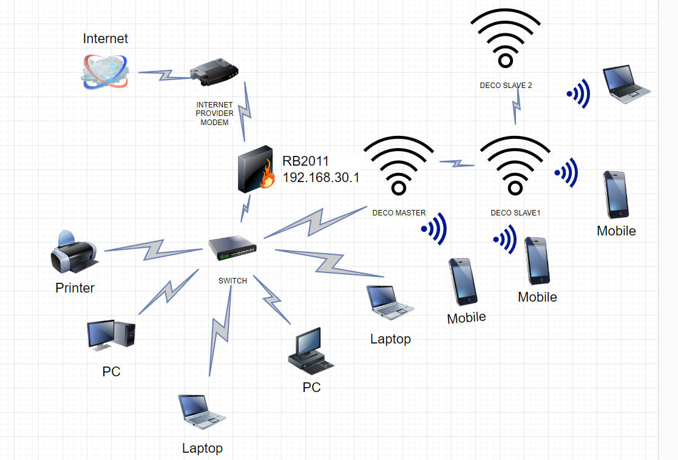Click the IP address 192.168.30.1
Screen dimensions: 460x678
pyautogui.click(x=321, y=178)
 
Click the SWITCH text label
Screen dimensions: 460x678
pyautogui.click(x=232, y=280)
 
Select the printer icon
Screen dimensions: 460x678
pyautogui.click(x=73, y=252)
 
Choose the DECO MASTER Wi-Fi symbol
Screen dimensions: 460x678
pyautogui.click(x=398, y=164)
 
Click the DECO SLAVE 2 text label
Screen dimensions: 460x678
pyautogui.click(x=506, y=86)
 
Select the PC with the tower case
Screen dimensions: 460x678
pyautogui.click(x=110, y=335)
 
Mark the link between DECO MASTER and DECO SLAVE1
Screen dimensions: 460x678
pyautogui.click(x=456, y=163)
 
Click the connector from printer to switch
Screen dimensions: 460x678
pyautogui.click(x=152, y=248)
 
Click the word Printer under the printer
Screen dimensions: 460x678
pyautogui.click(x=75, y=288)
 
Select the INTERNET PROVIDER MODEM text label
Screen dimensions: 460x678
pyautogui.click(x=214, y=113)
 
